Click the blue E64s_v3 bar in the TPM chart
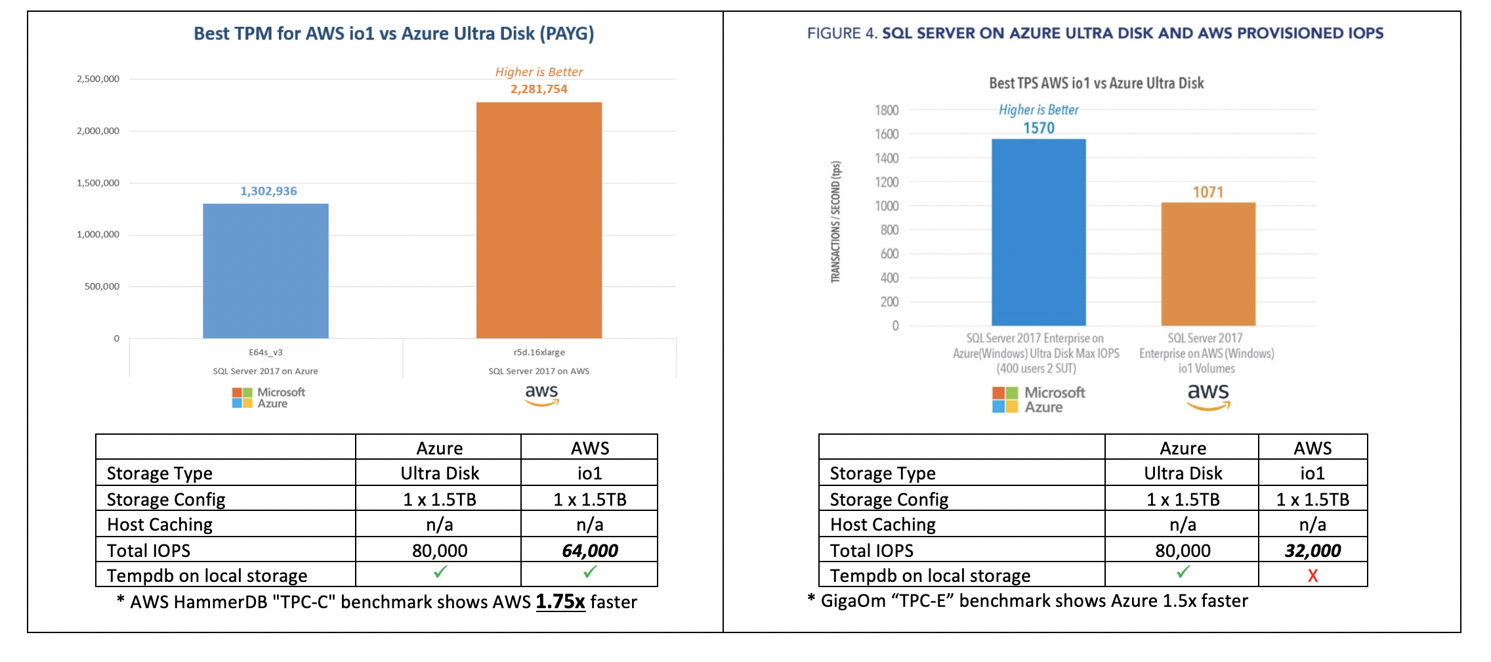click(x=265, y=271)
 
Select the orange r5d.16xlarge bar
click(x=539, y=220)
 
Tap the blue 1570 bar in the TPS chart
click(x=1038, y=232)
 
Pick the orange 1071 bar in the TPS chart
click(x=1207, y=264)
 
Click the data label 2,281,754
click(x=539, y=89)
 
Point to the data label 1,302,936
click(x=268, y=191)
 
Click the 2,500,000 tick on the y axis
click(x=98, y=79)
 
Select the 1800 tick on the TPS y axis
click(x=887, y=110)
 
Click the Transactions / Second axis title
click(x=835, y=222)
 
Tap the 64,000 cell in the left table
click(x=589, y=550)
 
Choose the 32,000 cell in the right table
click(x=1312, y=550)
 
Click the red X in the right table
click(x=1312, y=576)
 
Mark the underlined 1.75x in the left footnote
click(x=560, y=602)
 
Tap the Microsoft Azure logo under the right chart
click(x=1038, y=399)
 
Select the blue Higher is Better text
click(x=1038, y=110)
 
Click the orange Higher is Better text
click(x=539, y=72)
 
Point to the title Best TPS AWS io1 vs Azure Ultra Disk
click(x=1096, y=83)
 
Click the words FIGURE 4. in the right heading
click(x=842, y=33)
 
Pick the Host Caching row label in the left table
click(x=159, y=525)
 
